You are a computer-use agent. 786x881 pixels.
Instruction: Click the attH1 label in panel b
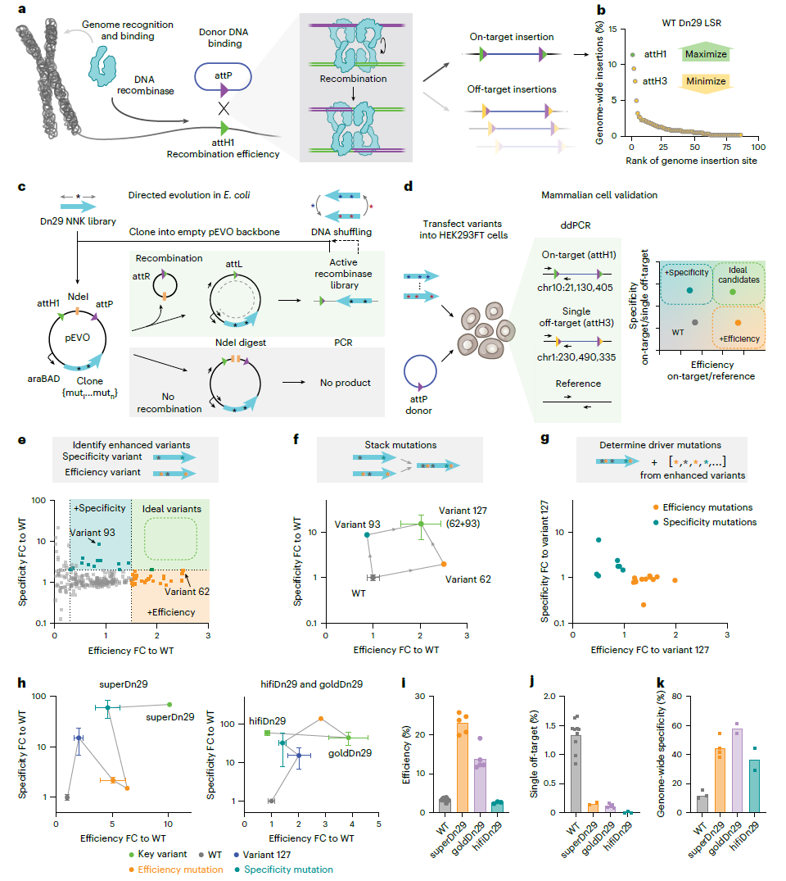(x=655, y=55)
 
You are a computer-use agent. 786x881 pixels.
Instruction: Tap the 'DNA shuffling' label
(x=357, y=232)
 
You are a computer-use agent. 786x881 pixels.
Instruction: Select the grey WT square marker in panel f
(x=373, y=577)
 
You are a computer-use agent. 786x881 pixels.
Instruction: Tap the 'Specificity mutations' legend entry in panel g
(x=711, y=522)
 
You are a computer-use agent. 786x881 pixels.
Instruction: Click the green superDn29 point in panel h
(x=169, y=705)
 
